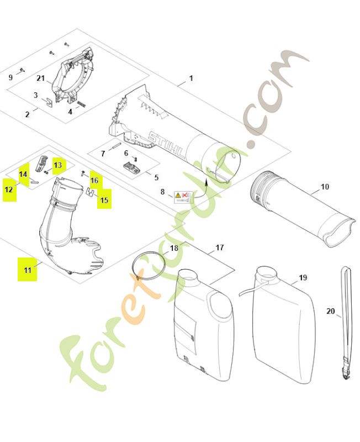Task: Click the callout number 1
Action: pyautogui.click(x=191, y=78)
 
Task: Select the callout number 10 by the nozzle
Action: pyautogui.click(x=325, y=187)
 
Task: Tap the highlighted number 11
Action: pyautogui.click(x=27, y=269)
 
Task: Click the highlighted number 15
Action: pyautogui.click(x=104, y=200)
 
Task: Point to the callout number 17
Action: pyautogui.click(x=219, y=248)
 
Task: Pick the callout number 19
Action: pyautogui.click(x=303, y=277)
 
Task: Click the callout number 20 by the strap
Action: pyautogui.click(x=330, y=311)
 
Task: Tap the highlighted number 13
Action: pyautogui.click(x=58, y=165)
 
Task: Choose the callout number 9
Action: pyautogui.click(x=10, y=77)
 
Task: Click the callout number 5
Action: pyautogui.click(x=156, y=178)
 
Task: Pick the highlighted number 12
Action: pyautogui.click(x=9, y=189)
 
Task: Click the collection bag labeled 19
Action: pyautogui.click(x=282, y=331)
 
